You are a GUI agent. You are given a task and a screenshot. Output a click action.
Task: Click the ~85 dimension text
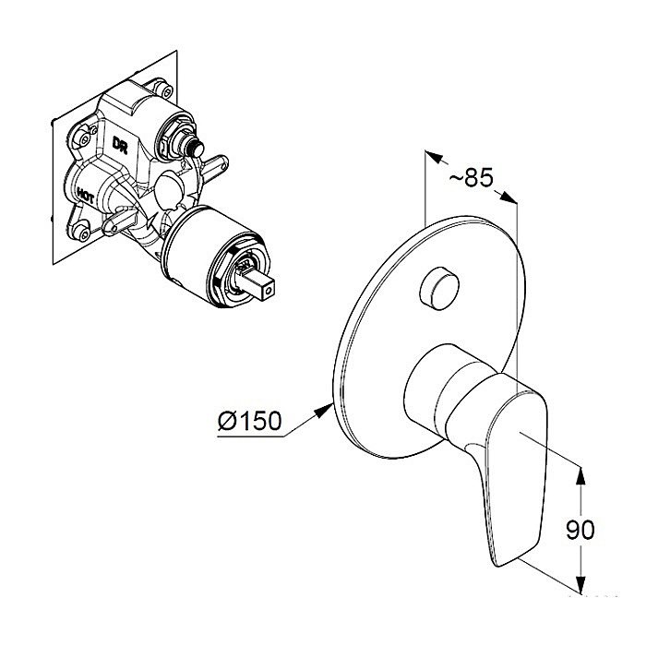(471, 178)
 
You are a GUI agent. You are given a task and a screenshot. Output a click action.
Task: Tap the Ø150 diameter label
(250, 420)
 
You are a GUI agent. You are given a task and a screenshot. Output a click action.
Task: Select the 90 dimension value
(580, 530)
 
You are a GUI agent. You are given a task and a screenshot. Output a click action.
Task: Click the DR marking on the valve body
(120, 145)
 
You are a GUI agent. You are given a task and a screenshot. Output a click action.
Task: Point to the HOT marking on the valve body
(85, 195)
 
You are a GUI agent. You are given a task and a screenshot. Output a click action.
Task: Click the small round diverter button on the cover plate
(439, 288)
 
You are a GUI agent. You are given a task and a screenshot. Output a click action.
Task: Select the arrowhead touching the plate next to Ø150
(324, 411)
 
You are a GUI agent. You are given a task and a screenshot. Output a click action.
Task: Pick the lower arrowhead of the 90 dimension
(580, 584)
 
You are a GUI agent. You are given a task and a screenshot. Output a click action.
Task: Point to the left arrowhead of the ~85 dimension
(434, 157)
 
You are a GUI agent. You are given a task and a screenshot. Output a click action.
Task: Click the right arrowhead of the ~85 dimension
(508, 197)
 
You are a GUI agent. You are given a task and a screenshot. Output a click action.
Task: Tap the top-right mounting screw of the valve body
(166, 91)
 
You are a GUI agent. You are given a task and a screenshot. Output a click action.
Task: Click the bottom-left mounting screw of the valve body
(84, 233)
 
